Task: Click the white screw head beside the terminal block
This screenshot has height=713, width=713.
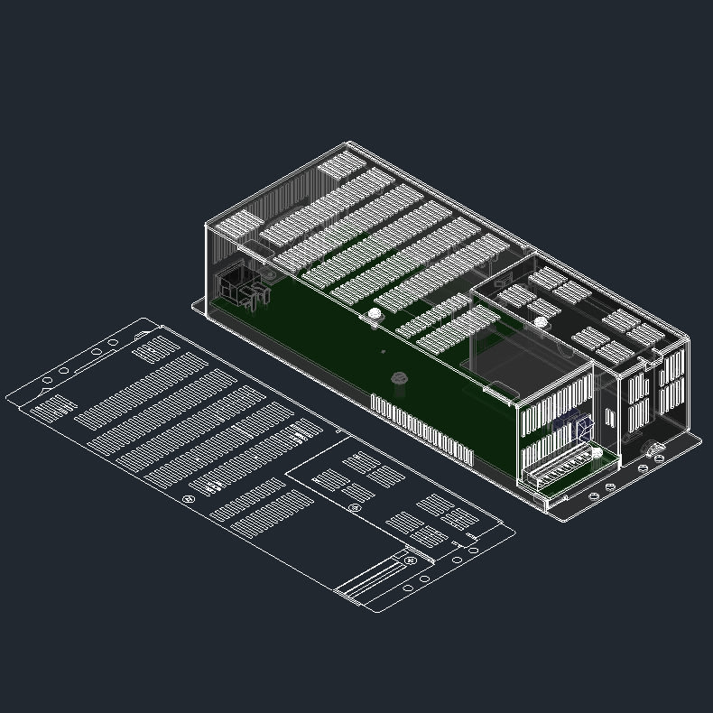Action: (597, 453)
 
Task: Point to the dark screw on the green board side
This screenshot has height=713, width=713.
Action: (396, 380)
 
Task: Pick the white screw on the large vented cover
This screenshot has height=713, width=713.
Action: (374, 314)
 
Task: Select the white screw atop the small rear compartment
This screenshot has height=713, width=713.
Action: (540, 322)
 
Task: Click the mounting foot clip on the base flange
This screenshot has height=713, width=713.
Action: (652, 448)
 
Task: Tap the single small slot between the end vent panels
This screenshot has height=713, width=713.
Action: (610, 417)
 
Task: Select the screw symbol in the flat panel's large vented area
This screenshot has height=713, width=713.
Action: (189, 499)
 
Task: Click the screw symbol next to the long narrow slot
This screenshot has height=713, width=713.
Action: (411, 560)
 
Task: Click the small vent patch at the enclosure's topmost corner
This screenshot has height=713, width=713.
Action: (340, 165)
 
